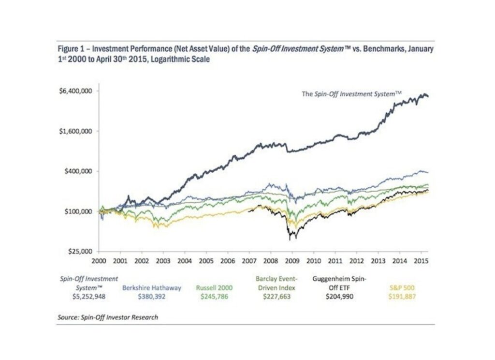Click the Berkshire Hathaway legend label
coord(151,287)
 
